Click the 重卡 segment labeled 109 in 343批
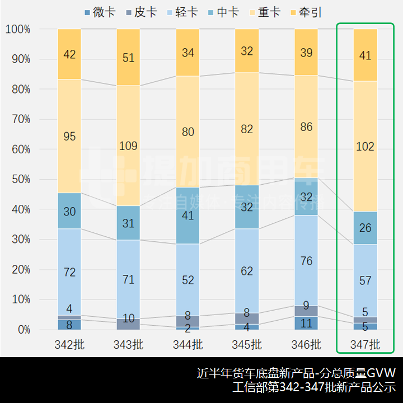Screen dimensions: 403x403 coord(128,146)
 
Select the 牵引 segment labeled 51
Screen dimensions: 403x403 coord(128,58)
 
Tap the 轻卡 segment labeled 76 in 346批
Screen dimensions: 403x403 coord(306,261)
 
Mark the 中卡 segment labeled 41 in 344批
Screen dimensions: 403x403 coord(188,215)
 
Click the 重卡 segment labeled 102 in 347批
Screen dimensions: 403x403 coord(365,147)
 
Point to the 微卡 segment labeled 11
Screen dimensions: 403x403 coord(306,323)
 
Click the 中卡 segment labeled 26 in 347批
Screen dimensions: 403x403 coord(365,228)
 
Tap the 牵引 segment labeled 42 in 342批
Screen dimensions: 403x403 coord(69,54)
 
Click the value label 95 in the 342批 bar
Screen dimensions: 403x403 coord(69,137)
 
